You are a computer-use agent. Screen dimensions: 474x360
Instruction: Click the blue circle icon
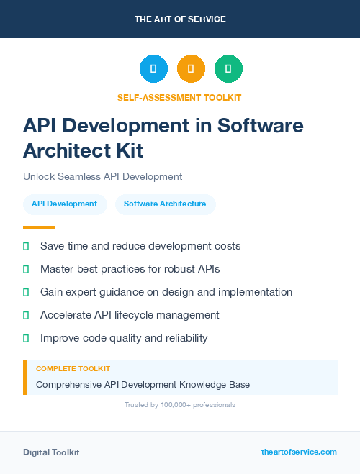click(153, 68)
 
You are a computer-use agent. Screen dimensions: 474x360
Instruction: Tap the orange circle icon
click(191, 68)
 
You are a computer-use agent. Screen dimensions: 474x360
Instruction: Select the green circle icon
click(228, 68)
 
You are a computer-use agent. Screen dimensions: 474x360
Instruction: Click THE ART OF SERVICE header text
click(180, 19)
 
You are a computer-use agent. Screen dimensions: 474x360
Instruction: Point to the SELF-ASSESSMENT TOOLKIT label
click(180, 97)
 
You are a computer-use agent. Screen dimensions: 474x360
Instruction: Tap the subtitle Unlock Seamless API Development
click(102, 176)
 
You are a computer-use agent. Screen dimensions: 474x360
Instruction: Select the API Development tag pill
click(64, 204)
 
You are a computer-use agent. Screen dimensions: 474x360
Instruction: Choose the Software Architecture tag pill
click(165, 204)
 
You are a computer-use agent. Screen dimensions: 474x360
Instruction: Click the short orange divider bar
click(39, 227)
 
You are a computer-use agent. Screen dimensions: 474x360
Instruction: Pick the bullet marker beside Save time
click(26, 247)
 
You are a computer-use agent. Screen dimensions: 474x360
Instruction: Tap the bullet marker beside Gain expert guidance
click(26, 293)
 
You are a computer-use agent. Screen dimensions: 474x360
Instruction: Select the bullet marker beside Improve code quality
click(26, 338)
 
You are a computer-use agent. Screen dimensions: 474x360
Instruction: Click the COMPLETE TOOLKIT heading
click(73, 368)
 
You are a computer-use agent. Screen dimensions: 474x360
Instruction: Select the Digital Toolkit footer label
click(51, 452)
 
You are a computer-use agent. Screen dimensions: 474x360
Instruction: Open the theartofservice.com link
click(299, 452)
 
